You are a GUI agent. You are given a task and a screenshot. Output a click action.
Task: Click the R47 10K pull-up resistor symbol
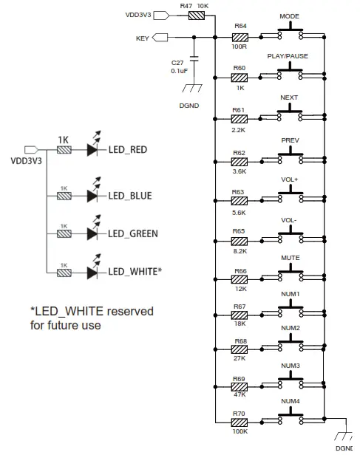coord(196,15)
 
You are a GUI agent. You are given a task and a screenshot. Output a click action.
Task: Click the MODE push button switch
coord(290,35)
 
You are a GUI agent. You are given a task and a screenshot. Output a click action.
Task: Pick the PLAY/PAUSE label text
coord(289,56)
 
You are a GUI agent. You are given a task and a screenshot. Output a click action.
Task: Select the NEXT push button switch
coord(290,115)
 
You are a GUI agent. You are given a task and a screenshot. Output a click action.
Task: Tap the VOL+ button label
coord(289,179)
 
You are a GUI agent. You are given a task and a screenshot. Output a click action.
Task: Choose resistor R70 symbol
coord(240,423)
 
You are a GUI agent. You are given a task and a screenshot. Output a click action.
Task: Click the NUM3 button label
coord(290,366)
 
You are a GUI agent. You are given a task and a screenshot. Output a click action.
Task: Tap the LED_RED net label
coord(127,150)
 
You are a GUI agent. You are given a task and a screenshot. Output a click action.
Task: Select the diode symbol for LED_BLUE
coord(92,196)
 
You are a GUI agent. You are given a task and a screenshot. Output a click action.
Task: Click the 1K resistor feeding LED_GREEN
coord(64,234)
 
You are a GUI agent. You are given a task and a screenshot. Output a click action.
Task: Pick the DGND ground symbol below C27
coord(194,88)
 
